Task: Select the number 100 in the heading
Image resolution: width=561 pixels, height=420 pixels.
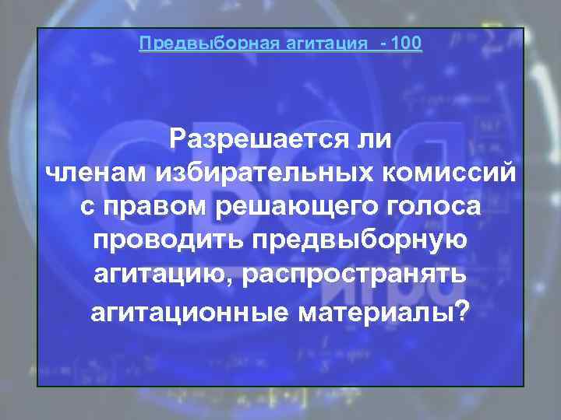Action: [408, 43]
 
